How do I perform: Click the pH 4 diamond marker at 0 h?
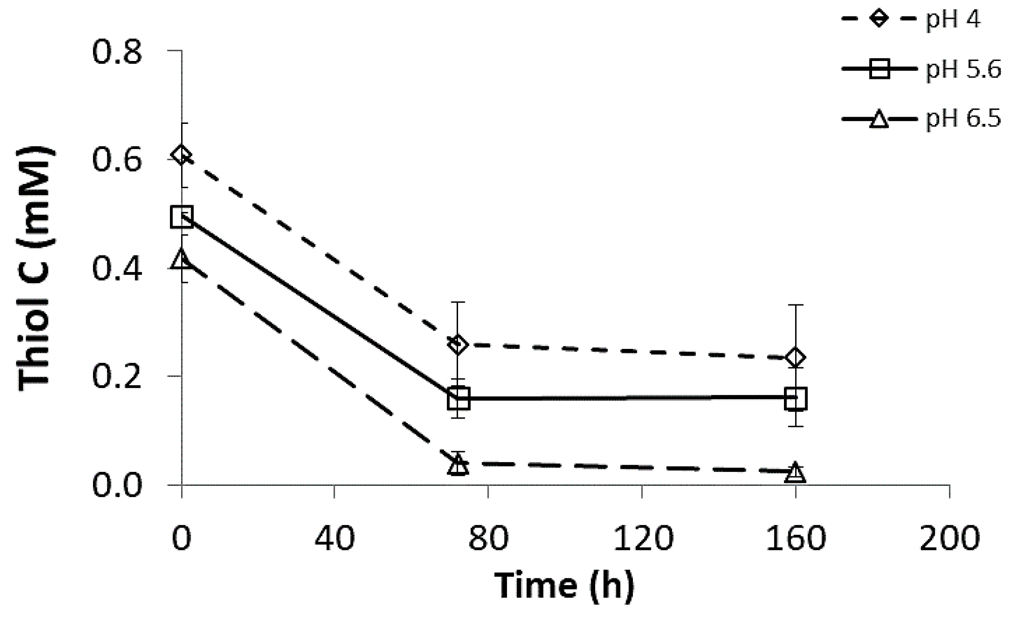[x=182, y=155]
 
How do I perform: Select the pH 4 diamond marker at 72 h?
[x=458, y=345]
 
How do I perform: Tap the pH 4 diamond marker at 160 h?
[x=796, y=358]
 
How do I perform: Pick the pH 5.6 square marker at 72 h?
[x=458, y=399]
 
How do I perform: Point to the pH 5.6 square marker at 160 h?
[x=796, y=399]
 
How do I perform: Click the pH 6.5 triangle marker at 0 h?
[x=182, y=259]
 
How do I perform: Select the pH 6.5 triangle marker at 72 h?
[x=458, y=465]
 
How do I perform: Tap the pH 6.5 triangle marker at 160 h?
[x=796, y=472]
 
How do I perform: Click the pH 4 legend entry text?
[x=953, y=21]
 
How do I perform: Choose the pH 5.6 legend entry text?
[x=963, y=70]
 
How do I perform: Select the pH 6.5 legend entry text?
[x=963, y=119]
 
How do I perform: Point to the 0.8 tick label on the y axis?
[x=117, y=51]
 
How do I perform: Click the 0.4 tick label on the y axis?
[x=117, y=269]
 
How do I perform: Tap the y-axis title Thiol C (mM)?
[x=36, y=269]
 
